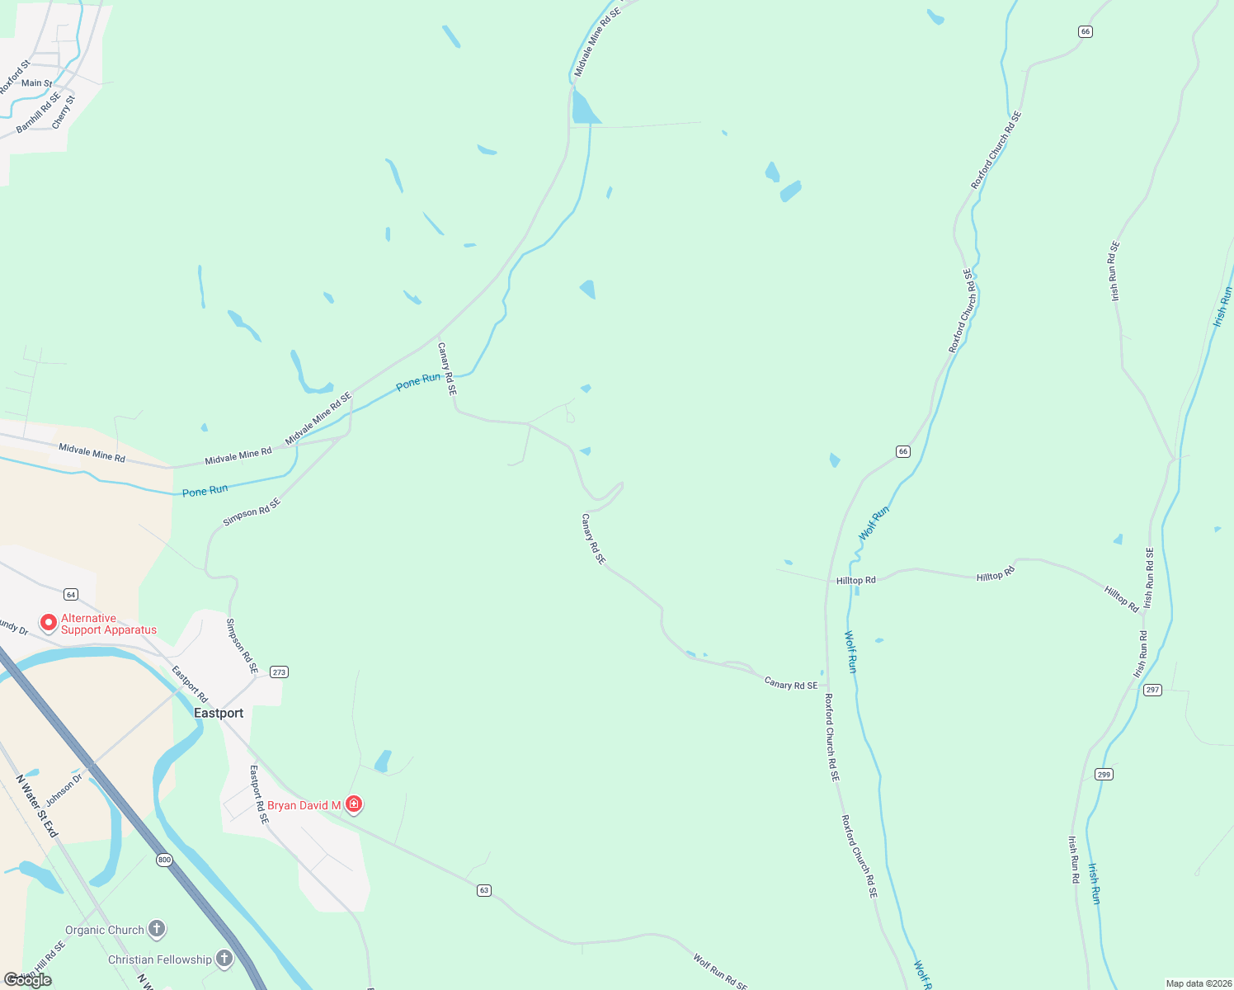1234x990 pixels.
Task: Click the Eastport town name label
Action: point(219,713)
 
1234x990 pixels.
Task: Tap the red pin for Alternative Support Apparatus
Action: point(49,623)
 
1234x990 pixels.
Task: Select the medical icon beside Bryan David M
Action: point(354,804)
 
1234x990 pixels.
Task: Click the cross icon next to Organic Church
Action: point(157,930)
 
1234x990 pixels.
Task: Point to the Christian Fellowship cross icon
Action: point(224,959)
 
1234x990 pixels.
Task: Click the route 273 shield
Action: point(279,672)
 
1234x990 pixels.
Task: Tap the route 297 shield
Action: point(1152,690)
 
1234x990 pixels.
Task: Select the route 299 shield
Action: point(1104,774)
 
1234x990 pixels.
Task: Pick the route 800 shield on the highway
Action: point(164,860)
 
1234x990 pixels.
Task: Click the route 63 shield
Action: point(484,890)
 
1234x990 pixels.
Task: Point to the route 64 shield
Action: point(71,594)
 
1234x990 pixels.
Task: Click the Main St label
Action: point(36,83)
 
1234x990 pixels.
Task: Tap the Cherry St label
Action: point(64,112)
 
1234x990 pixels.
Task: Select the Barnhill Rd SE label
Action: point(39,114)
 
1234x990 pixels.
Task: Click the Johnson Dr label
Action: point(64,790)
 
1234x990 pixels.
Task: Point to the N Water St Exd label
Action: point(37,806)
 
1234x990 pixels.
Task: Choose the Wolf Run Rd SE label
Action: point(720,972)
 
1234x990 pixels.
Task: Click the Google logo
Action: point(28,980)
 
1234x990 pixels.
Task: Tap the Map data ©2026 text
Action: point(1197,983)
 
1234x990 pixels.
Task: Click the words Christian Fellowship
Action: point(160,959)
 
